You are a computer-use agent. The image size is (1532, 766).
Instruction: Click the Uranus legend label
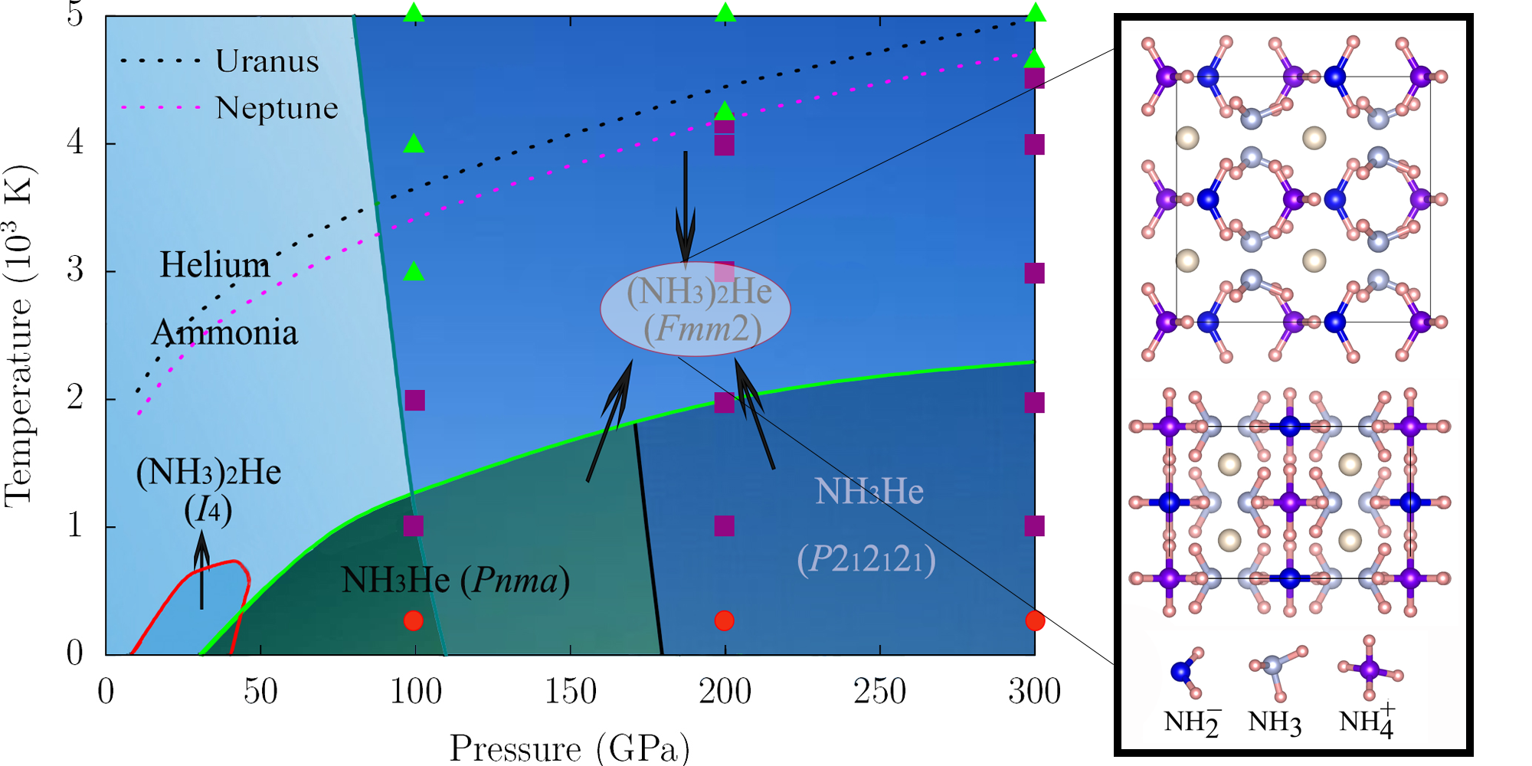click(x=267, y=61)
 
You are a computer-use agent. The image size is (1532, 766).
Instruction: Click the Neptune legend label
click(x=277, y=108)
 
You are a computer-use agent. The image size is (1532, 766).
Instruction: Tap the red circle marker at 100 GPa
click(x=414, y=620)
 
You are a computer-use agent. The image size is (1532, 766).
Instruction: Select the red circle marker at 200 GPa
click(x=725, y=620)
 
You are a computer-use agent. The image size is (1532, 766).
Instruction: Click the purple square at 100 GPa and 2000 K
click(x=414, y=400)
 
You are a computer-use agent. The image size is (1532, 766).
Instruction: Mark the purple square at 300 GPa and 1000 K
click(x=1034, y=525)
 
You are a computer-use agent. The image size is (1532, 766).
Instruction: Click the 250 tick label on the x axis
click(x=879, y=692)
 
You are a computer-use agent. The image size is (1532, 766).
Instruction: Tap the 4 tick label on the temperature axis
click(x=75, y=143)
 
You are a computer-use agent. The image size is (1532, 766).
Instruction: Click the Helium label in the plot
click(x=214, y=265)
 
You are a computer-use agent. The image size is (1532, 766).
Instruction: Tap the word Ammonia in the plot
click(x=225, y=333)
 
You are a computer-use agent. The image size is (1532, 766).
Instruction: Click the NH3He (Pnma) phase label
click(x=455, y=580)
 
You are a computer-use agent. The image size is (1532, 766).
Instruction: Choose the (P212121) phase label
click(x=866, y=559)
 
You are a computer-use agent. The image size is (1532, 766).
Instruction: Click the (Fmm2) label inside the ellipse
click(x=702, y=329)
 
